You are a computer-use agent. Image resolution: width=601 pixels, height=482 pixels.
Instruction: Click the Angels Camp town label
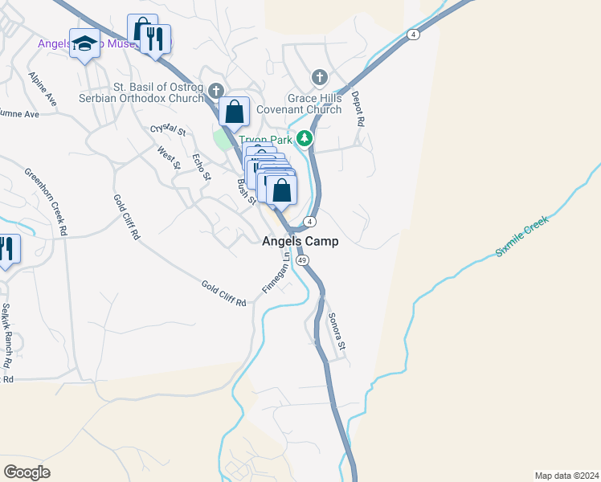(x=300, y=241)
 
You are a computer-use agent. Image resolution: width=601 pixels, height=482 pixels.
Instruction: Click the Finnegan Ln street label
(x=275, y=274)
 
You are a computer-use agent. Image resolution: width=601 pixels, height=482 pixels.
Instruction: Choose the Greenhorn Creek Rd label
(x=45, y=202)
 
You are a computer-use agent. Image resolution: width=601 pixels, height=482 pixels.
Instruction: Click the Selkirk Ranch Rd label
(x=6, y=330)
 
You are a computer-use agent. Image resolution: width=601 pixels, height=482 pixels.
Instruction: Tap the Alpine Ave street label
(x=43, y=89)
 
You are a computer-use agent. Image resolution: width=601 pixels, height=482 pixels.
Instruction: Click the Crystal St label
(x=168, y=130)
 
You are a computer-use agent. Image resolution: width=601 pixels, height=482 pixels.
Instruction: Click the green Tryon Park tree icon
(x=305, y=138)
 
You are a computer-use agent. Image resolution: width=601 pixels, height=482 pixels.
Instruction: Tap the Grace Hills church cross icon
(x=319, y=78)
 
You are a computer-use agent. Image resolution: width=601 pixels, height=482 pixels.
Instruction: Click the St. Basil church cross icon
(x=215, y=89)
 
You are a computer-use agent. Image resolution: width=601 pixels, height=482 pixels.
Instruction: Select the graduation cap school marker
(x=84, y=44)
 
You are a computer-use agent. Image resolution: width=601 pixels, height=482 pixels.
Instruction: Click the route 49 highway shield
(x=302, y=260)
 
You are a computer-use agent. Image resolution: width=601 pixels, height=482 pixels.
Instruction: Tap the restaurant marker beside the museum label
(x=155, y=38)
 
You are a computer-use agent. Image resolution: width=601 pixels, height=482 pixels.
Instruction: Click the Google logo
(x=27, y=472)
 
